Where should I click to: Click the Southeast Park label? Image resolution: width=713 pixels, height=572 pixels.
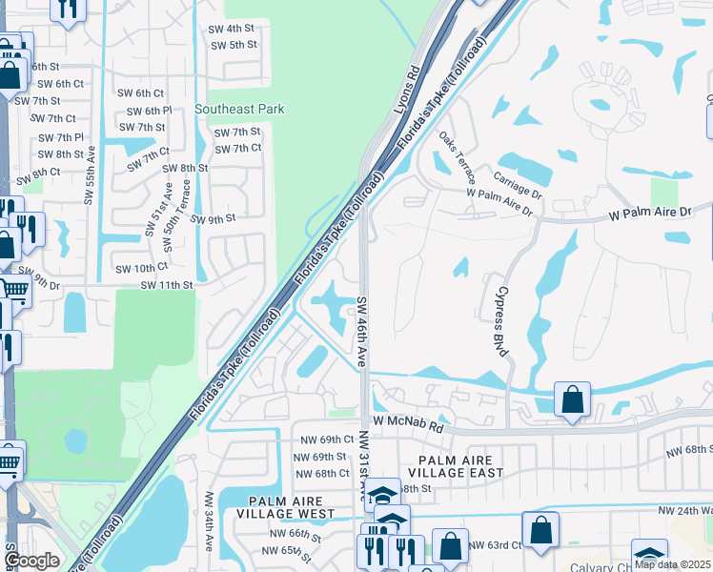[239, 110]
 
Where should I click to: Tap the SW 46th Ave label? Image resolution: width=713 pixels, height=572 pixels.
[362, 331]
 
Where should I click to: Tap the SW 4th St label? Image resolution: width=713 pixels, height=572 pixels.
[233, 29]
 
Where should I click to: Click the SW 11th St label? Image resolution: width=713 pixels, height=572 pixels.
[167, 285]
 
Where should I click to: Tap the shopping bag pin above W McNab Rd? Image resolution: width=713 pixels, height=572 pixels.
[572, 400]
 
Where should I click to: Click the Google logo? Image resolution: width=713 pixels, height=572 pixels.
[32, 561]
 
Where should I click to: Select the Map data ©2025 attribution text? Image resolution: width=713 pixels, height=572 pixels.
[671, 563]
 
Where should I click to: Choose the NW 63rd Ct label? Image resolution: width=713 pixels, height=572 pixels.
[497, 545]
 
